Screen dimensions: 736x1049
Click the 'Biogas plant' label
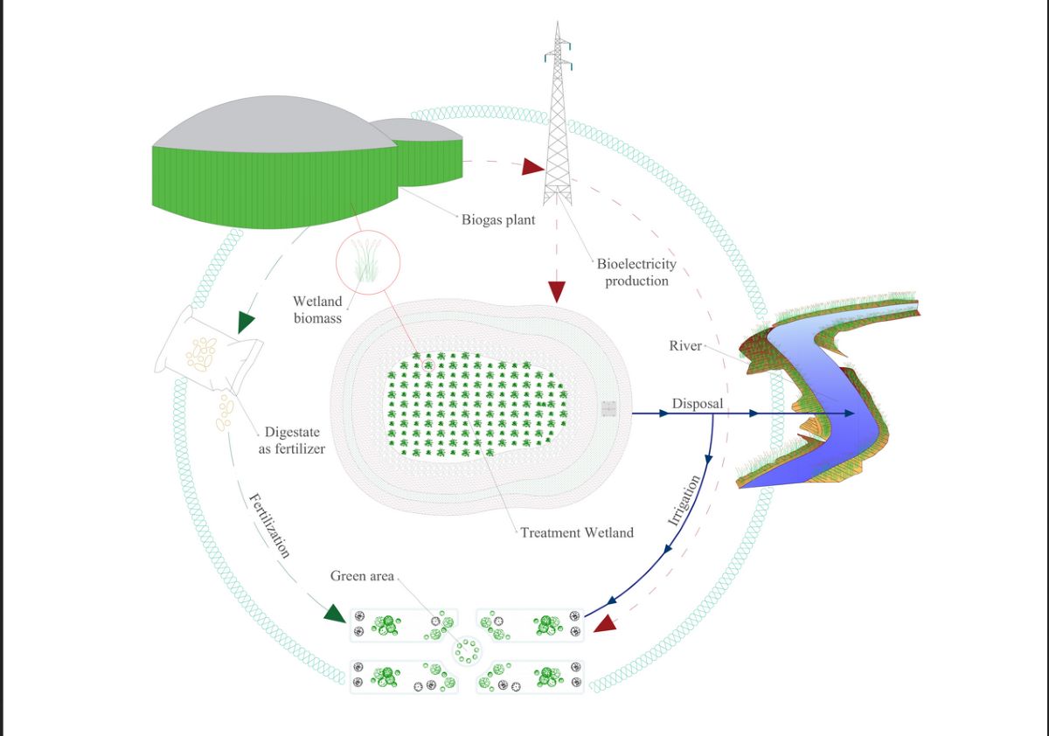(498, 219)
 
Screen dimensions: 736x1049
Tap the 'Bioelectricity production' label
(636, 272)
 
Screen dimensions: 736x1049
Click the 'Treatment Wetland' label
(577, 532)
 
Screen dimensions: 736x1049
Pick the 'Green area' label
(362, 576)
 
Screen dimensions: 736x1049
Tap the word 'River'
(685, 346)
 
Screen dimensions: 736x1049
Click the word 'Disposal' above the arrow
(697, 404)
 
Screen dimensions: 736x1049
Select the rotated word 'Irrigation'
(684, 500)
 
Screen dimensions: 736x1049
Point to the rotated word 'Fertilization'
(269, 525)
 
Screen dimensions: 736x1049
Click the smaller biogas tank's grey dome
(422, 129)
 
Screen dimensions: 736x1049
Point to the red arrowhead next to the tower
(532, 166)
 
